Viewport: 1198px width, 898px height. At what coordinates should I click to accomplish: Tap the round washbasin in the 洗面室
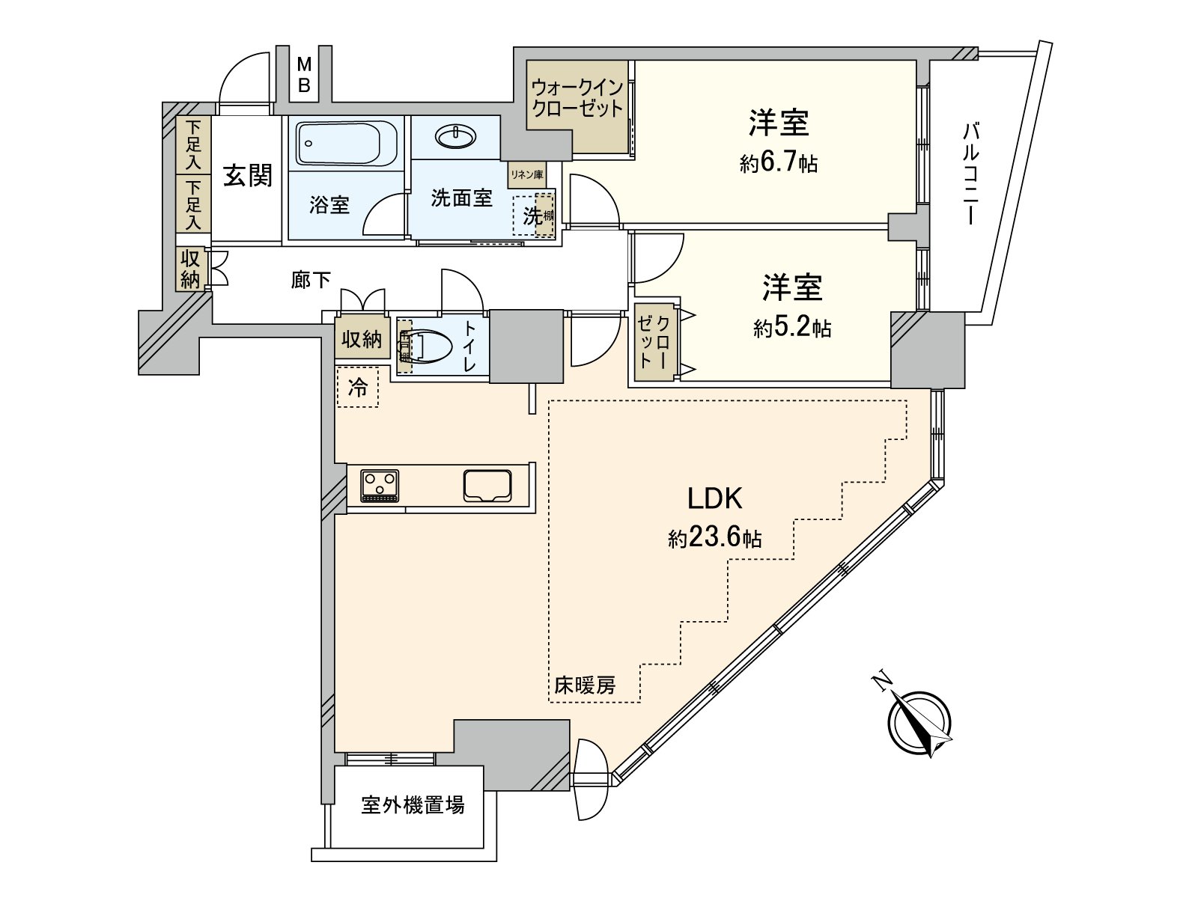pos(454,136)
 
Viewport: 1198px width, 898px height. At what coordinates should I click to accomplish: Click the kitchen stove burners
pos(380,485)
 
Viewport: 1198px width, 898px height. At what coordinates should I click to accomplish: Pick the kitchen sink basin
pos(487,485)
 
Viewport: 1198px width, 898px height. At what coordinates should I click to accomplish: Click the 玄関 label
pos(248,177)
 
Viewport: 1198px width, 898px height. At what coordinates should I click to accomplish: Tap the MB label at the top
pos(304,75)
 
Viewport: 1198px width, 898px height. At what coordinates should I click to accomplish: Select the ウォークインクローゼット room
pos(577,98)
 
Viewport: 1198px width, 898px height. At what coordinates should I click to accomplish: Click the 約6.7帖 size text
pos(779,164)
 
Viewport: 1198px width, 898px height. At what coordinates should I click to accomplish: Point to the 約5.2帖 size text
pos(792,328)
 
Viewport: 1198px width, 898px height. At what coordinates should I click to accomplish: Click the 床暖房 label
pos(586,684)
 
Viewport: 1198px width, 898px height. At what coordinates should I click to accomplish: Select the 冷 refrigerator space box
pos(358,388)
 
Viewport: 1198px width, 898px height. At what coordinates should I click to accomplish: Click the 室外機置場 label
pos(413,805)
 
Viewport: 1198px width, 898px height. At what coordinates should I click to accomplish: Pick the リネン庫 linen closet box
pos(526,174)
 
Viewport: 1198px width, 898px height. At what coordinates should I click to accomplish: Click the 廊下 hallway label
pos(310,281)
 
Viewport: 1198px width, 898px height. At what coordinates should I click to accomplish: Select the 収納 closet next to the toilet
pos(362,340)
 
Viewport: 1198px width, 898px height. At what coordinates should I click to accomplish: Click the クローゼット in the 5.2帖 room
pos(654,342)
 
